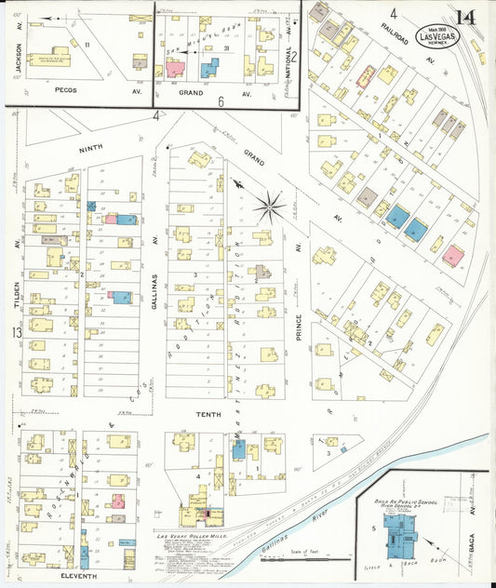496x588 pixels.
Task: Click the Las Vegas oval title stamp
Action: (x=437, y=37)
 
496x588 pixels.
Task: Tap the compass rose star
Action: (x=269, y=206)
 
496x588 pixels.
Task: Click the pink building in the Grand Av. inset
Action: (x=175, y=68)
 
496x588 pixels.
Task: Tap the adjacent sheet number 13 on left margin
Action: (x=14, y=332)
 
